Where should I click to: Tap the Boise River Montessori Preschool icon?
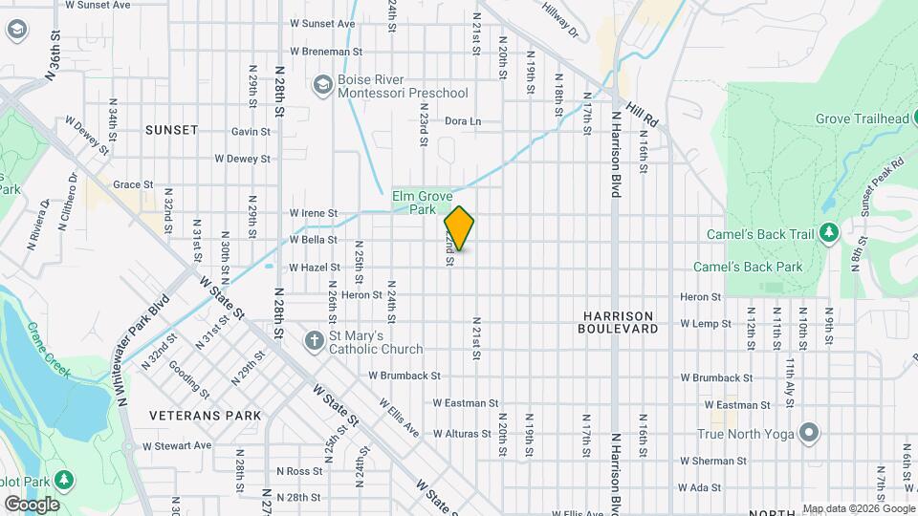[x=322, y=86]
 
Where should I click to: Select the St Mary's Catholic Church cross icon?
[x=313, y=341]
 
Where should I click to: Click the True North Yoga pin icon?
[x=809, y=434]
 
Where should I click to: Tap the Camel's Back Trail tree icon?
[x=828, y=234]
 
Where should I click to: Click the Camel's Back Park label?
[x=748, y=267]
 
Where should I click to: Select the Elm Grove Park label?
[x=422, y=203]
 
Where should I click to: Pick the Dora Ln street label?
[x=463, y=121]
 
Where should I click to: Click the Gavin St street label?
[x=251, y=132]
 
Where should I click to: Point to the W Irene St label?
[x=314, y=213]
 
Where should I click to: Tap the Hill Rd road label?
[x=644, y=116]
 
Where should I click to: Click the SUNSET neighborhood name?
[x=172, y=129]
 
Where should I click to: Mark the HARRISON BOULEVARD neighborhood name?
[x=618, y=322]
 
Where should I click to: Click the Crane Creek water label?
[x=48, y=350]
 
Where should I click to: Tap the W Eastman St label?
[x=466, y=404]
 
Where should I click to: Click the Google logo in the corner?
[x=32, y=504]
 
